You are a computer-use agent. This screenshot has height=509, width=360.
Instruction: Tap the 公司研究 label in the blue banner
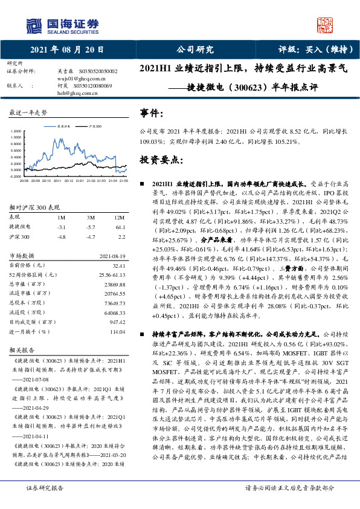[x=194, y=50]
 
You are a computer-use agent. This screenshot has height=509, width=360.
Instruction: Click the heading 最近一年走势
[x=28, y=113]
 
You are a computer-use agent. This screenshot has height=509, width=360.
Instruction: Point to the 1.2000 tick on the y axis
[x=16, y=130]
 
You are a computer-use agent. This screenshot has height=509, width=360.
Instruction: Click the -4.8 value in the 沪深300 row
[x=60, y=238]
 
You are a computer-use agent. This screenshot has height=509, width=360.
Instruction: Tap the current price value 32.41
[x=118, y=265]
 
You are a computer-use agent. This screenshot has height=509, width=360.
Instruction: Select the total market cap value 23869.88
[x=115, y=284]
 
